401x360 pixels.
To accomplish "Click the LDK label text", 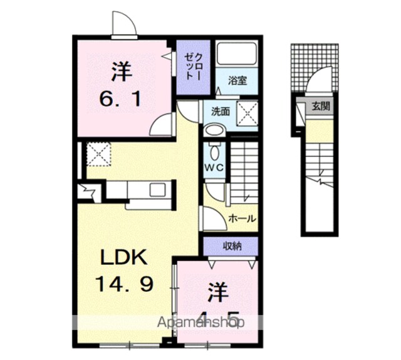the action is click(124, 257).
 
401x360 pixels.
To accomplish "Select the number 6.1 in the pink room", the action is click(120, 99).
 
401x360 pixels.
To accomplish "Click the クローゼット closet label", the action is click(194, 67).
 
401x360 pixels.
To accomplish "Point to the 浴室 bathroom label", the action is click(237, 81).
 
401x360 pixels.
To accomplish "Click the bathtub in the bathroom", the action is click(237, 54).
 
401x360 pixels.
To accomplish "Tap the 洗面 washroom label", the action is click(220, 111).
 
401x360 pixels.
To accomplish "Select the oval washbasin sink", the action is click(214, 130).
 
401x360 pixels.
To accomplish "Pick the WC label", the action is click(214, 168).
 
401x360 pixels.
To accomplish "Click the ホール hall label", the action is click(242, 219).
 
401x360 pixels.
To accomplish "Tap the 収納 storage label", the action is click(232, 246).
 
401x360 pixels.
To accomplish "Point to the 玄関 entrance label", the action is click(321, 106).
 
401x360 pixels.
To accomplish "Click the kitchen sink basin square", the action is click(157, 190).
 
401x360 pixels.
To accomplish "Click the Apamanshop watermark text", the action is click(200, 322).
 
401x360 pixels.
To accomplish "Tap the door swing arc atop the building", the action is click(123, 23).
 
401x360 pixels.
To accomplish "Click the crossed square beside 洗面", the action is click(247, 113).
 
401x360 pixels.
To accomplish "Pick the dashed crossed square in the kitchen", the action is click(99, 154).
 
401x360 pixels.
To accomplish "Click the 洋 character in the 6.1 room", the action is click(122, 71).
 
